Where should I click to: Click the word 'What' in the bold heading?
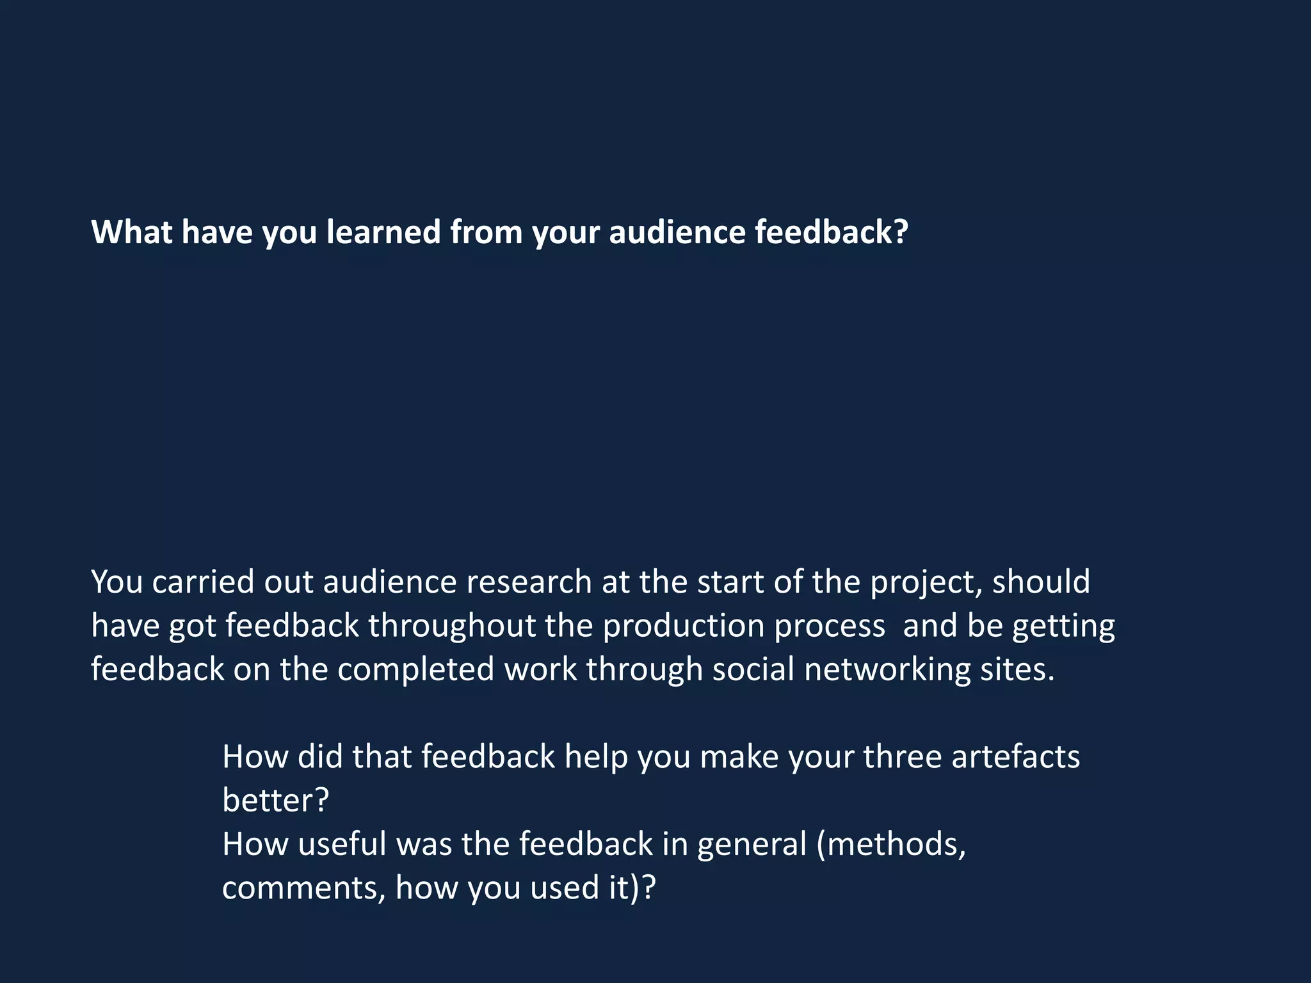coord(131,232)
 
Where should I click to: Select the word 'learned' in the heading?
coord(384,232)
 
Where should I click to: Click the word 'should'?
coord(1041,582)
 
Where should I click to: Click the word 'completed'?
coord(416,669)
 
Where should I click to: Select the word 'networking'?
coord(887,669)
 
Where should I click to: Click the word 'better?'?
coord(275,800)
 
